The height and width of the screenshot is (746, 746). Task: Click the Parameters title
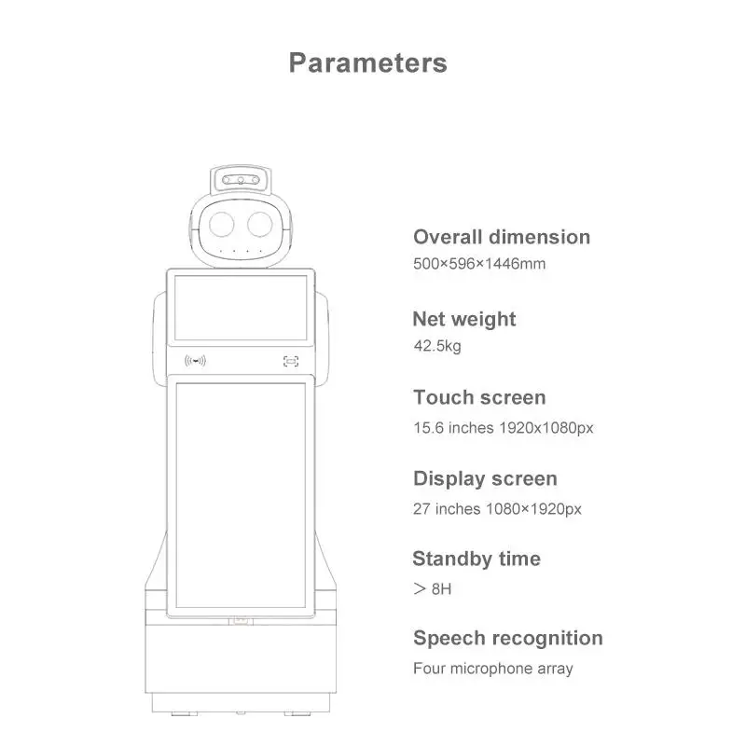click(367, 63)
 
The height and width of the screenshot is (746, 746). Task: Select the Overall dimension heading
click(502, 237)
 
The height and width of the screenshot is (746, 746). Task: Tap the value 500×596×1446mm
click(479, 263)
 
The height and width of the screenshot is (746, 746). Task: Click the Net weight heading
click(463, 319)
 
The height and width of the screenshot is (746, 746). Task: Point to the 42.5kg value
click(437, 346)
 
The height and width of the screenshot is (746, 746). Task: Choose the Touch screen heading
click(479, 397)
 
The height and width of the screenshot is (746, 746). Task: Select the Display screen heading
click(485, 478)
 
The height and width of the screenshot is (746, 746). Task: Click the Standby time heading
click(476, 559)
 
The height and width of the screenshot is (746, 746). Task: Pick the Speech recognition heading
click(507, 638)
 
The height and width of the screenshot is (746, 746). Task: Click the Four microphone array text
click(493, 669)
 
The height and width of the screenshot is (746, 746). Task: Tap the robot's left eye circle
click(222, 224)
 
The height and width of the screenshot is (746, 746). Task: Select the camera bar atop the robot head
click(242, 179)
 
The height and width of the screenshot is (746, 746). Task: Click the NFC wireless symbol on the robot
click(196, 361)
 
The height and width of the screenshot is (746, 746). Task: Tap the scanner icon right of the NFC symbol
click(292, 361)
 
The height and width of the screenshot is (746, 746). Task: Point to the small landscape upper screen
click(241, 307)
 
